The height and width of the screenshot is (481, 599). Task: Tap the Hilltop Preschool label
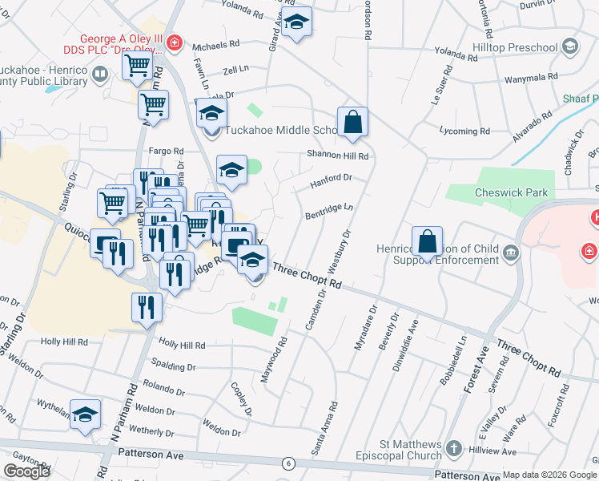[x=517, y=46]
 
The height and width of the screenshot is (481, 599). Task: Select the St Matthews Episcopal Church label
[x=411, y=451]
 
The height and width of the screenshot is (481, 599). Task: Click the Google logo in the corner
[x=26, y=471]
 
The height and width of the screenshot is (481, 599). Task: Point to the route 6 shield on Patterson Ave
[x=287, y=463]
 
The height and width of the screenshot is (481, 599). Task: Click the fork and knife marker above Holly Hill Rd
[x=147, y=308]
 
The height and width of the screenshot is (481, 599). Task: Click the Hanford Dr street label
[x=331, y=181]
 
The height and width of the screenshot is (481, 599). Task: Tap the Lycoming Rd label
[x=464, y=131]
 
